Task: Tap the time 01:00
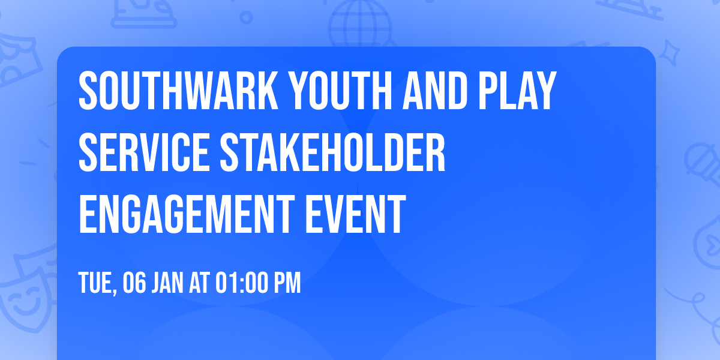coord(241,283)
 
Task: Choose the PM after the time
coord(287,283)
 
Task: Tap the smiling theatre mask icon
coord(23,297)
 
